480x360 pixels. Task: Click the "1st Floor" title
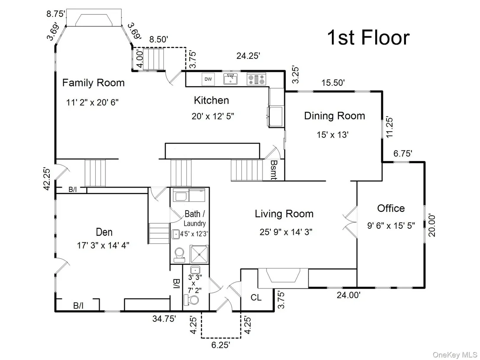coord(368,37)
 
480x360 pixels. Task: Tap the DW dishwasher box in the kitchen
coord(208,79)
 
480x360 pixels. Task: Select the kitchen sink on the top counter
coord(231,79)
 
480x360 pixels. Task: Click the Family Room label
coord(94,83)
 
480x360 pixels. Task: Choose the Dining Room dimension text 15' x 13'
coord(333,134)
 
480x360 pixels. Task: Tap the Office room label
coord(391,208)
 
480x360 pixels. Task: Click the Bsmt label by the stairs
coord(274,170)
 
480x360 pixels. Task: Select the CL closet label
coord(256,297)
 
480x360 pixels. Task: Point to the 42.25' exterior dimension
coord(47,178)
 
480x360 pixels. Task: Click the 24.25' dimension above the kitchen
coord(248,56)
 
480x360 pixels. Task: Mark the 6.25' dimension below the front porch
coord(221,345)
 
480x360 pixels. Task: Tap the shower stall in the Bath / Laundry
coord(199,254)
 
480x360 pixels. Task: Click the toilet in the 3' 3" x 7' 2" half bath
coord(191,300)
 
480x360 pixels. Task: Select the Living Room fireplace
coord(283,278)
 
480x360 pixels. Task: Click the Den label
coord(104,232)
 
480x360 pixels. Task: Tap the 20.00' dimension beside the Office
coord(432,225)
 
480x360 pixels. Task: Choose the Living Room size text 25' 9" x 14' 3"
coord(286,232)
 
